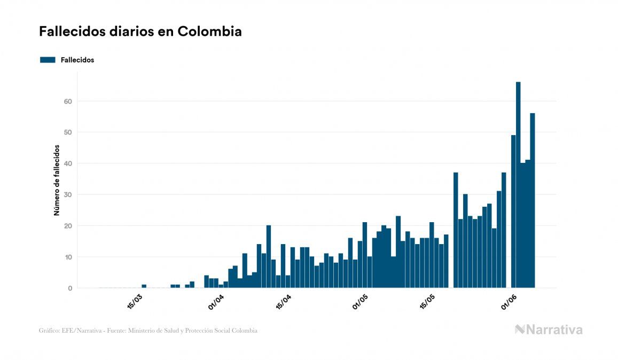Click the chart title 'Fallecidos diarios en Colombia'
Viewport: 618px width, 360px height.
[140, 32]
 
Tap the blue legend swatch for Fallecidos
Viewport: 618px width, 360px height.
[48, 60]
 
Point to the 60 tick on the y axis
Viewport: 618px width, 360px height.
[67, 101]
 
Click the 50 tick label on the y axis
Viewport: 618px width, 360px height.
[67, 132]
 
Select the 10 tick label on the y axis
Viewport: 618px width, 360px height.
[67, 257]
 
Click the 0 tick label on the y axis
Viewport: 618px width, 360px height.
[69, 288]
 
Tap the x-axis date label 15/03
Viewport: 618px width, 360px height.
[135, 303]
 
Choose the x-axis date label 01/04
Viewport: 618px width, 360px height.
[216, 303]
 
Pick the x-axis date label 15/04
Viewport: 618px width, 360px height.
[284, 303]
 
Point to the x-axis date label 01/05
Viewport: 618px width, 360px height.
[361, 303]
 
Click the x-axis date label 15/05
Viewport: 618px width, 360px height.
[428, 303]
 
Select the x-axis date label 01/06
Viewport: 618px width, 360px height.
[510, 303]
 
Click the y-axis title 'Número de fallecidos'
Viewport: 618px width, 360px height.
[57, 179]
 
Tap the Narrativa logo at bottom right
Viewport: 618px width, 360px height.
[549, 330]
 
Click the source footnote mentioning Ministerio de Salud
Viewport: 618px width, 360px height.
[148, 331]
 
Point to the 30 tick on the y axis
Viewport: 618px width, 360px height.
[67, 195]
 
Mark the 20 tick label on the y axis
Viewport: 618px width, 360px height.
[67, 226]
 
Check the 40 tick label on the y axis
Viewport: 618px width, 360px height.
[67, 163]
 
